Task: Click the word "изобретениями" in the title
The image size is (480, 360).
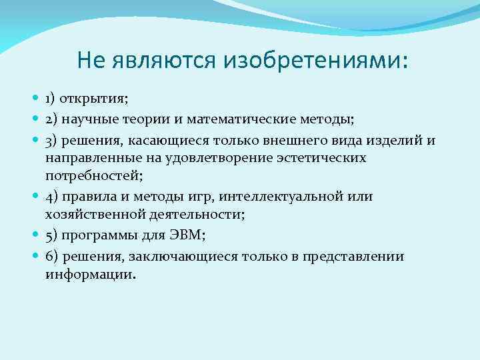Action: (x=315, y=61)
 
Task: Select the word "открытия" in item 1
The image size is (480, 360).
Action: (x=93, y=99)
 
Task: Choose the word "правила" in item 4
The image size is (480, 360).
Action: (x=87, y=197)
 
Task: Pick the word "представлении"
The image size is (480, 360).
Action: (x=353, y=257)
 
